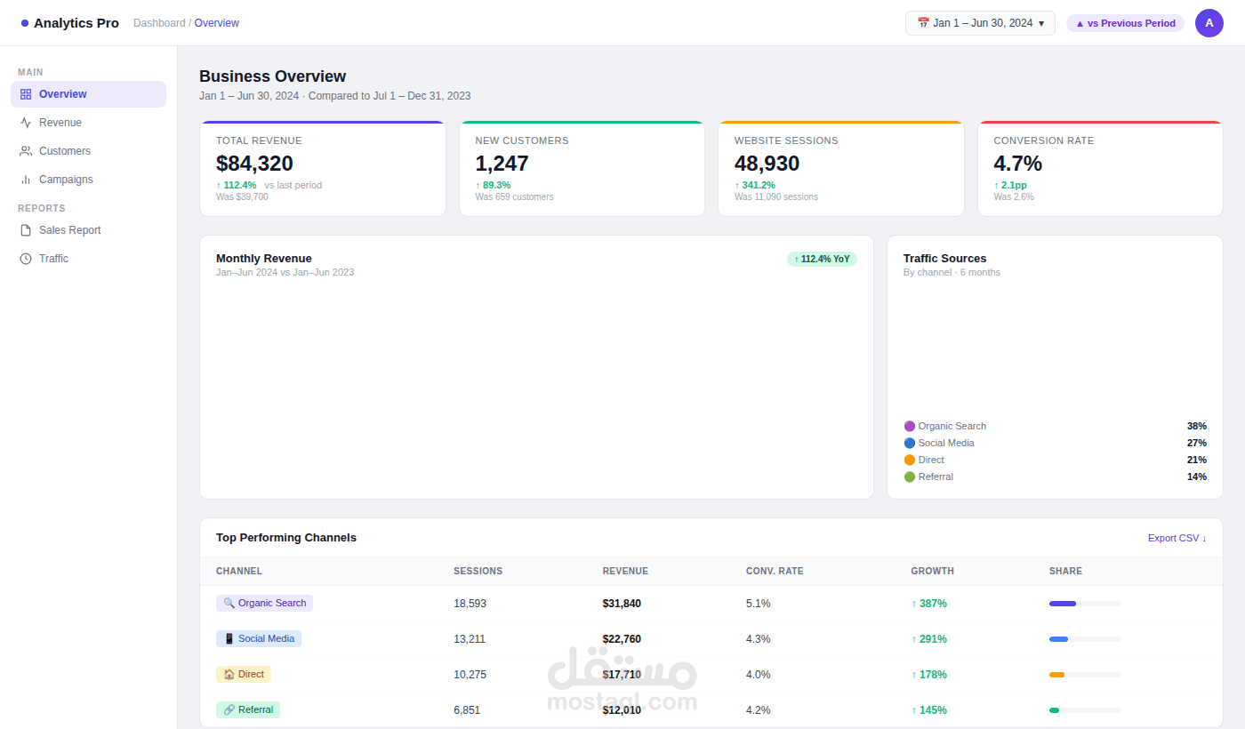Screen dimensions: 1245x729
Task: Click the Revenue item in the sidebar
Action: coord(60,123)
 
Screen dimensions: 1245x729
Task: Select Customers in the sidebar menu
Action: coord(64,151)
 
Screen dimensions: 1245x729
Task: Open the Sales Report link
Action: coord(69,230)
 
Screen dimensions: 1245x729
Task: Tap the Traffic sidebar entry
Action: coord(53,259)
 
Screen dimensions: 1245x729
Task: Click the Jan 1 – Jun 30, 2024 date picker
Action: coord(980,23)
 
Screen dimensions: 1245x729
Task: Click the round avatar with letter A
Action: coord(1209,23)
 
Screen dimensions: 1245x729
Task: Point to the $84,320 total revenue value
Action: coord(254,164)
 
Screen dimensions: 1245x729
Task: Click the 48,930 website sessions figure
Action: coord(767,164)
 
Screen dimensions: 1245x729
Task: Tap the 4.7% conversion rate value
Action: coord(1017,164)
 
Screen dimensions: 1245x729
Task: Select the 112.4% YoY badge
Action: coord(822,259)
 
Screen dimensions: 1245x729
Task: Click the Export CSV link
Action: coord(1177,538)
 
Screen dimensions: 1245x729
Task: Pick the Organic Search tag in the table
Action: coord(265,604)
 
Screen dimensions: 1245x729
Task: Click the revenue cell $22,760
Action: coord(622,639)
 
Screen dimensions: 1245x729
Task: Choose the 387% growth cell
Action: coord(928,604)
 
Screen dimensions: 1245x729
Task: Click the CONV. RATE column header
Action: coord(775,571)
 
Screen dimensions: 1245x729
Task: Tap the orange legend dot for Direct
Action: coord(909,461)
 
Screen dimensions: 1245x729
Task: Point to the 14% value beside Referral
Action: coord(1197,477)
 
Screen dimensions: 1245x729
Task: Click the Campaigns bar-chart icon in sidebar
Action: coord(26,180)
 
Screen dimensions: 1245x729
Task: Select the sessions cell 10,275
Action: coord(470,675)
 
